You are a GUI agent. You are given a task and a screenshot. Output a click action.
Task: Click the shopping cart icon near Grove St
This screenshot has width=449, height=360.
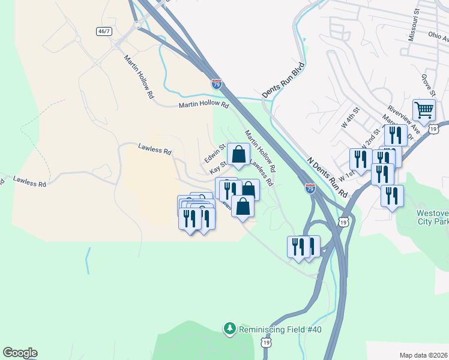coord(424,109)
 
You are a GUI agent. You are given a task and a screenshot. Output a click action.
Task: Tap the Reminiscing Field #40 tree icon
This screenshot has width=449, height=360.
coord(229,328)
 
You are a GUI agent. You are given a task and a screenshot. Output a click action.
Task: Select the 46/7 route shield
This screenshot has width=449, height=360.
coord(104,30)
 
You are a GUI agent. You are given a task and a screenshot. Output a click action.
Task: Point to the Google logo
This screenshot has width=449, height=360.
coord(20,353)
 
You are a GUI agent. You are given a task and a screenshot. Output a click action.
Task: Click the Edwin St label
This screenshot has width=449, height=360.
coord(214,152)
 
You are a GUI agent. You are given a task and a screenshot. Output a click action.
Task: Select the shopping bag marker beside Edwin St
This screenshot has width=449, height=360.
coord(238,154)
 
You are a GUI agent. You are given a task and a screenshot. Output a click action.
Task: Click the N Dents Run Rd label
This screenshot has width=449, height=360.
coord(327,178)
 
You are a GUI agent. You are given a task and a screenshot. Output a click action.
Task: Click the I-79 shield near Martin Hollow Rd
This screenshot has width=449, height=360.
coord(217,84)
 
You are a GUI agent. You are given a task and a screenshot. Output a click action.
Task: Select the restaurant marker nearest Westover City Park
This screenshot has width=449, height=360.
coord(391,196)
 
